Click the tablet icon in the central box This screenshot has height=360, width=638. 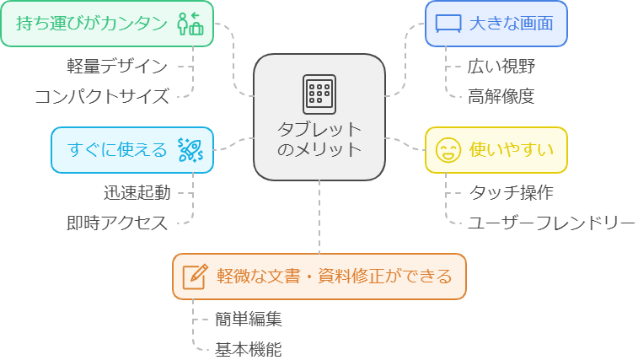coord(319,93)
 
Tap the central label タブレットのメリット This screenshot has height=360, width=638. coord(319,139)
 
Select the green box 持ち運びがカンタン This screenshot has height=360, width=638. coord(106,24)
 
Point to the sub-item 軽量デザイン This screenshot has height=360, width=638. coord(118,66)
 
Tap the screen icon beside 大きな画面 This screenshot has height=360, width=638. coord(449,24)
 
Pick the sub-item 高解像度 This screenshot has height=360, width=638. coord(501,96)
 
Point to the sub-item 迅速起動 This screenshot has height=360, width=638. coord(137,193)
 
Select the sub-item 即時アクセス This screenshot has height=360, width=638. coord(118,223)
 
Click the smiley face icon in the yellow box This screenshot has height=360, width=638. coord(448,151)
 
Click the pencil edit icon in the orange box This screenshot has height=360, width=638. coord(195,276)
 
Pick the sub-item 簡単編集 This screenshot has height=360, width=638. coord(249,320)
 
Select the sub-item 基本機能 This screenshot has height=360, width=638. coord(249,349)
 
